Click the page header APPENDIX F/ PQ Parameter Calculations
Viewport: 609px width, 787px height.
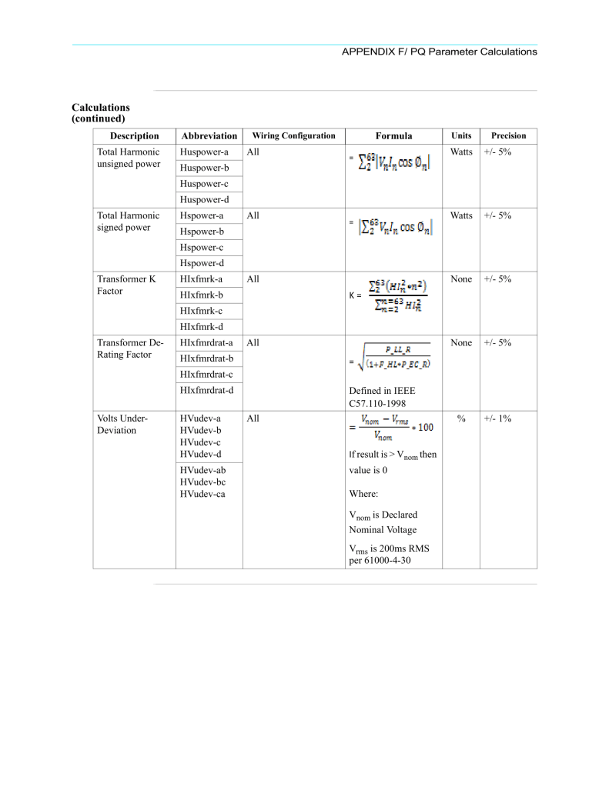[x=439, y=52]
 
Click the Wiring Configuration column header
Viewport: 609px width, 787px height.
[x=293, y=135]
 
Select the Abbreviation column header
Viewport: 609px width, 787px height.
[x=209, y=136]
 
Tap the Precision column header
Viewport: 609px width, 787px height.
[x=508, y=135]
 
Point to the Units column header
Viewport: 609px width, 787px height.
[x=461, y=135]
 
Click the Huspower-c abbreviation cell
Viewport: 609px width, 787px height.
[x=204, y=184]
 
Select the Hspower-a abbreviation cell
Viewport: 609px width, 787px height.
[x=202, y=215]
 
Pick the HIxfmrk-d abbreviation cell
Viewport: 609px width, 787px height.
[x=201, y=326]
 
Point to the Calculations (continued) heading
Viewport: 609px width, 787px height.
[x=101, y=113]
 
